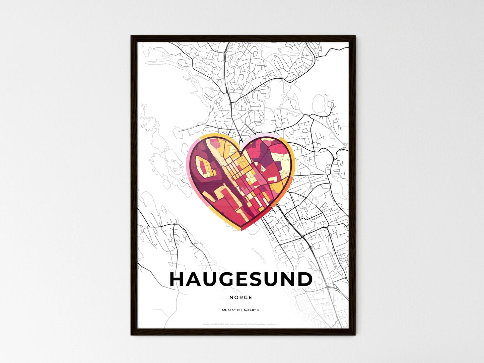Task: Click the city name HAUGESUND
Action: pos(241,280)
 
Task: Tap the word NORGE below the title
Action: pos(241,297)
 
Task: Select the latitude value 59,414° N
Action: pos(230,310)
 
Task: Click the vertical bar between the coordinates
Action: pos(241,310)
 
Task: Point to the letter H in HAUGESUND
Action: pos(178,280)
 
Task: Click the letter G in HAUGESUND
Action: pos(227,280)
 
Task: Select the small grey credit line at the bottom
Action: pos(240,324)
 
